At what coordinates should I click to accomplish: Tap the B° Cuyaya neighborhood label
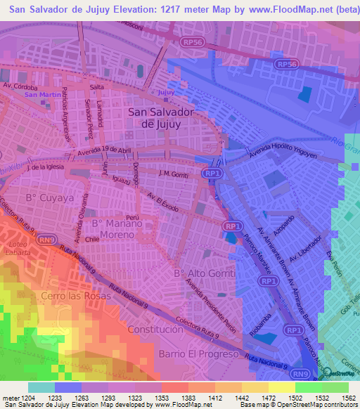click(50, 198)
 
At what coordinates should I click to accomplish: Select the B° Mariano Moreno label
click(117, 228)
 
